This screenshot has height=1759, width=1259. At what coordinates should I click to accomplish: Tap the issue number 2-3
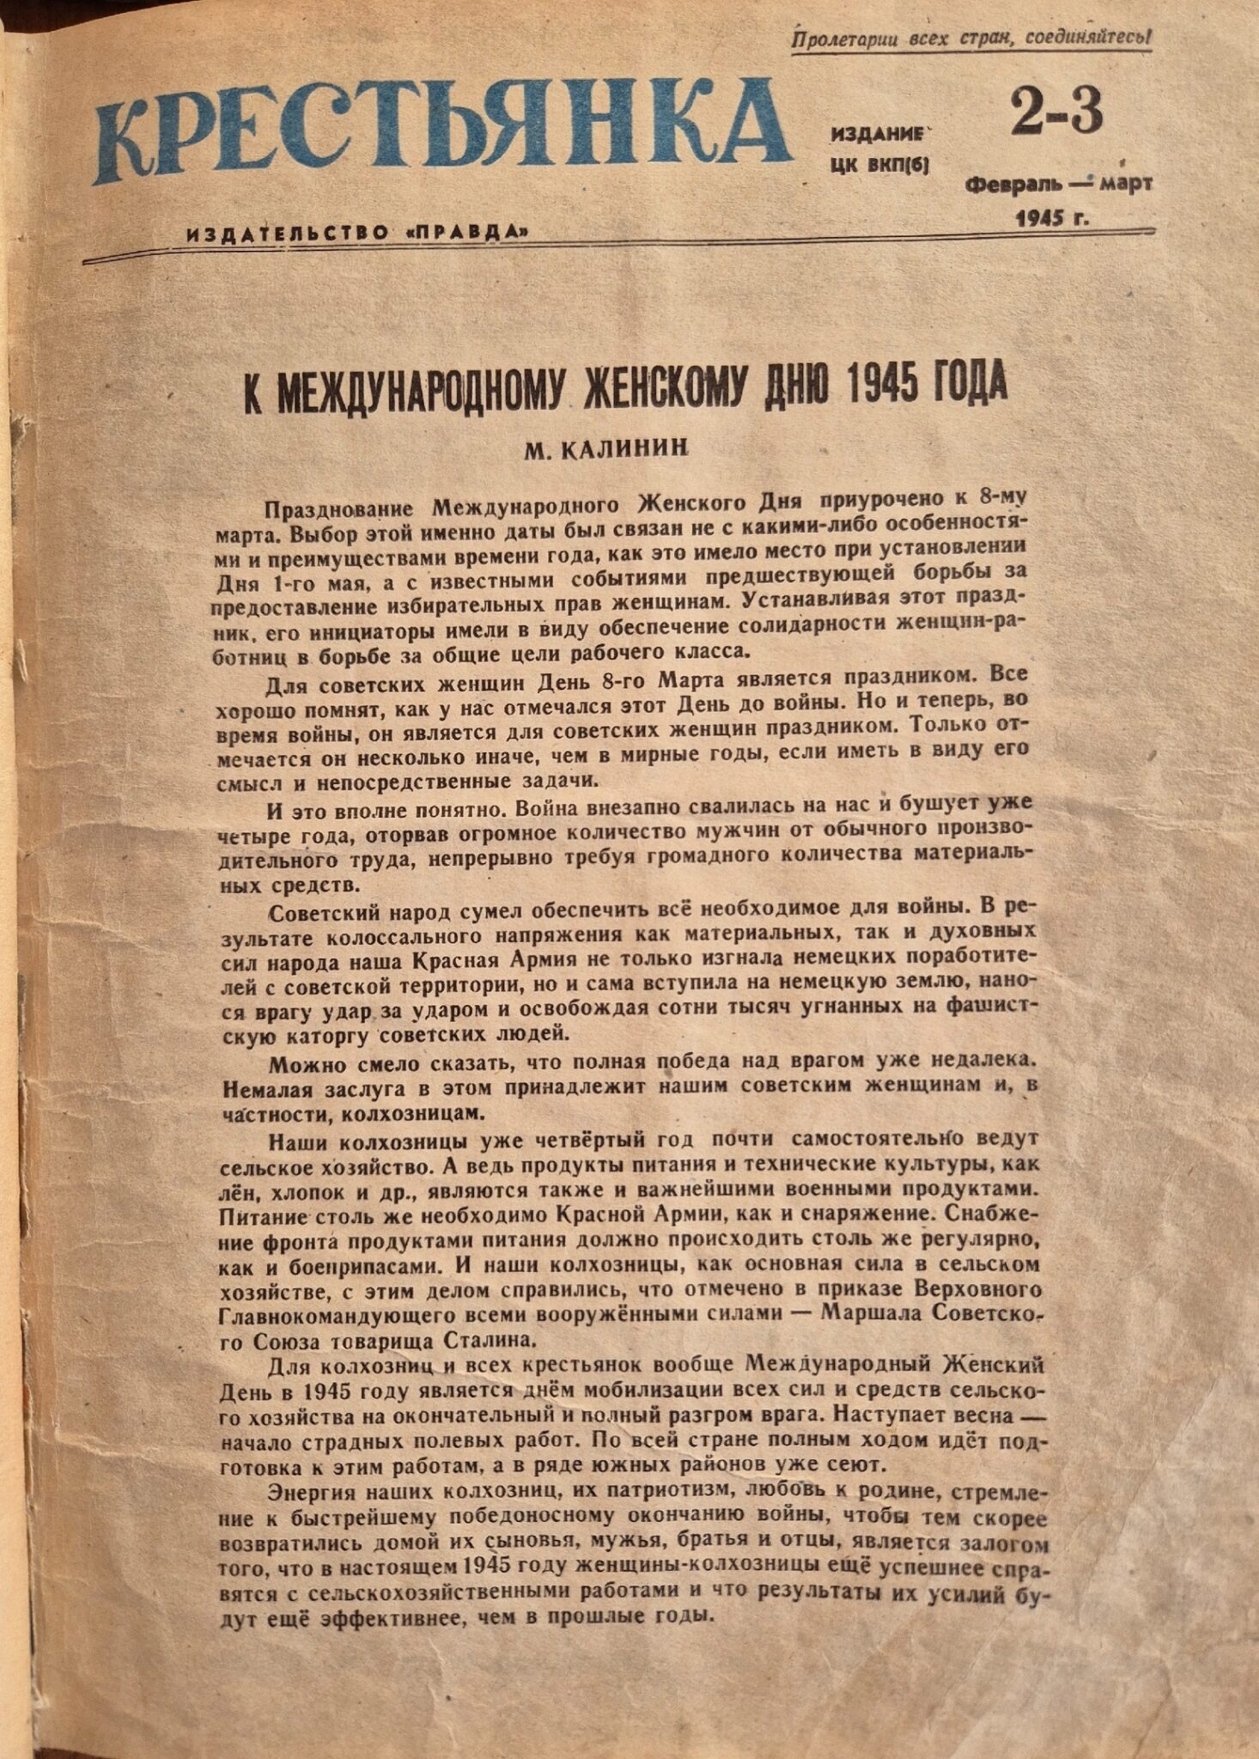coord(1055,114)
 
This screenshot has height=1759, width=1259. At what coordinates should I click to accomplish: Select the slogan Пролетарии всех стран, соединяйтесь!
coord(970,39)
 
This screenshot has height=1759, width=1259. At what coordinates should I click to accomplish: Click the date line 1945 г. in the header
coord(1052,217)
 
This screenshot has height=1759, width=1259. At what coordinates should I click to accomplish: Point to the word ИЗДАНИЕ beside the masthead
coord(879,134)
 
